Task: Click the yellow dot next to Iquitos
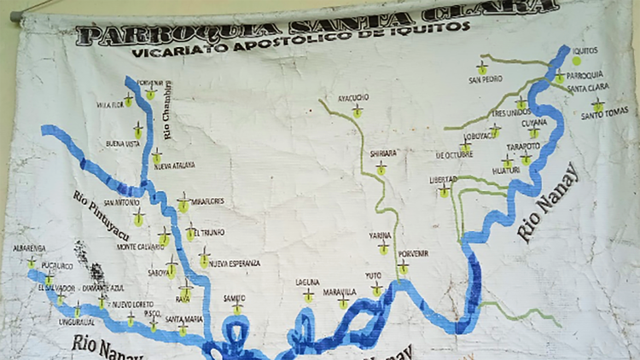[577, 60]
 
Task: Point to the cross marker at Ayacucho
[358, 111]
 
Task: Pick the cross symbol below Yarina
[384, 247]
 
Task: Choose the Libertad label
[443, 179]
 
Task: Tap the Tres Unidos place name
[511, 112]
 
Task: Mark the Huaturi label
[506, 170]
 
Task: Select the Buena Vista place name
[122, 143]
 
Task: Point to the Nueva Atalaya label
[174, 165]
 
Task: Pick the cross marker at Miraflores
[183, 204]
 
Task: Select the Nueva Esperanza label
[234, 263]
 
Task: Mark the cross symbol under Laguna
[308, 296]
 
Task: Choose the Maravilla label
[340, 292]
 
